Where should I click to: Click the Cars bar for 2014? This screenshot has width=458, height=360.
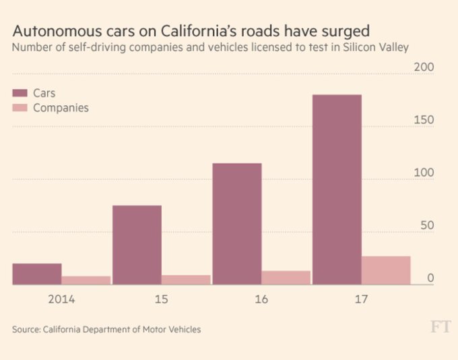pyautogui.click(x=37, y=274)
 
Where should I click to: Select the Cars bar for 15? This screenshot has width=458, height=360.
pyautogui.click(x=137, y=245)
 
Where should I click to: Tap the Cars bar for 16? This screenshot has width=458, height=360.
pyautogui.click(x=237, y=224)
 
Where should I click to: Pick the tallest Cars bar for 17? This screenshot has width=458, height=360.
pyautogui.click(x=337, y=190)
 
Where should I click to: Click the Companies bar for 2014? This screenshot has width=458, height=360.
pyautogui.click(x=86, y=280)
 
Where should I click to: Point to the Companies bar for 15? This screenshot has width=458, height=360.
pyautogui.click(x=186, y=280)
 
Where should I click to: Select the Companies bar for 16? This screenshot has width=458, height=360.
pyautogui.click(x=286, y=278)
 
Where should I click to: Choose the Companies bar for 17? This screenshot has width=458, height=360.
pyautogui.click(x=386, y=270)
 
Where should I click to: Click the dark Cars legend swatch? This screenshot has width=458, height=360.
pyautogui.click(x=20, y=93)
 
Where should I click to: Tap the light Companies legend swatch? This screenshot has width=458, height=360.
pyautogui.click(x=20, y=108)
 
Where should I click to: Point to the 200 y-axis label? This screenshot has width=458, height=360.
pyautogui.click(x=424, y=67)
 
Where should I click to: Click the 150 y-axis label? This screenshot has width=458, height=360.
pyautogui.click(x=424, y=121)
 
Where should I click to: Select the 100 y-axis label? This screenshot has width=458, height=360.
pyautogui.click(x=424, y=173)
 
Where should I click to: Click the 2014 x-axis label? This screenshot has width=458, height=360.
pyautogui.click(x=61, y=299)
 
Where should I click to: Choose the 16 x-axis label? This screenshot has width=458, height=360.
pyautogui.click(x=261, y=299)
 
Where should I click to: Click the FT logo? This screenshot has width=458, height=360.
pyautogui.click(x=439, y=328)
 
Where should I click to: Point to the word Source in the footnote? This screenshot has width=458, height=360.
pyautogui.click(x=26, y=330)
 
